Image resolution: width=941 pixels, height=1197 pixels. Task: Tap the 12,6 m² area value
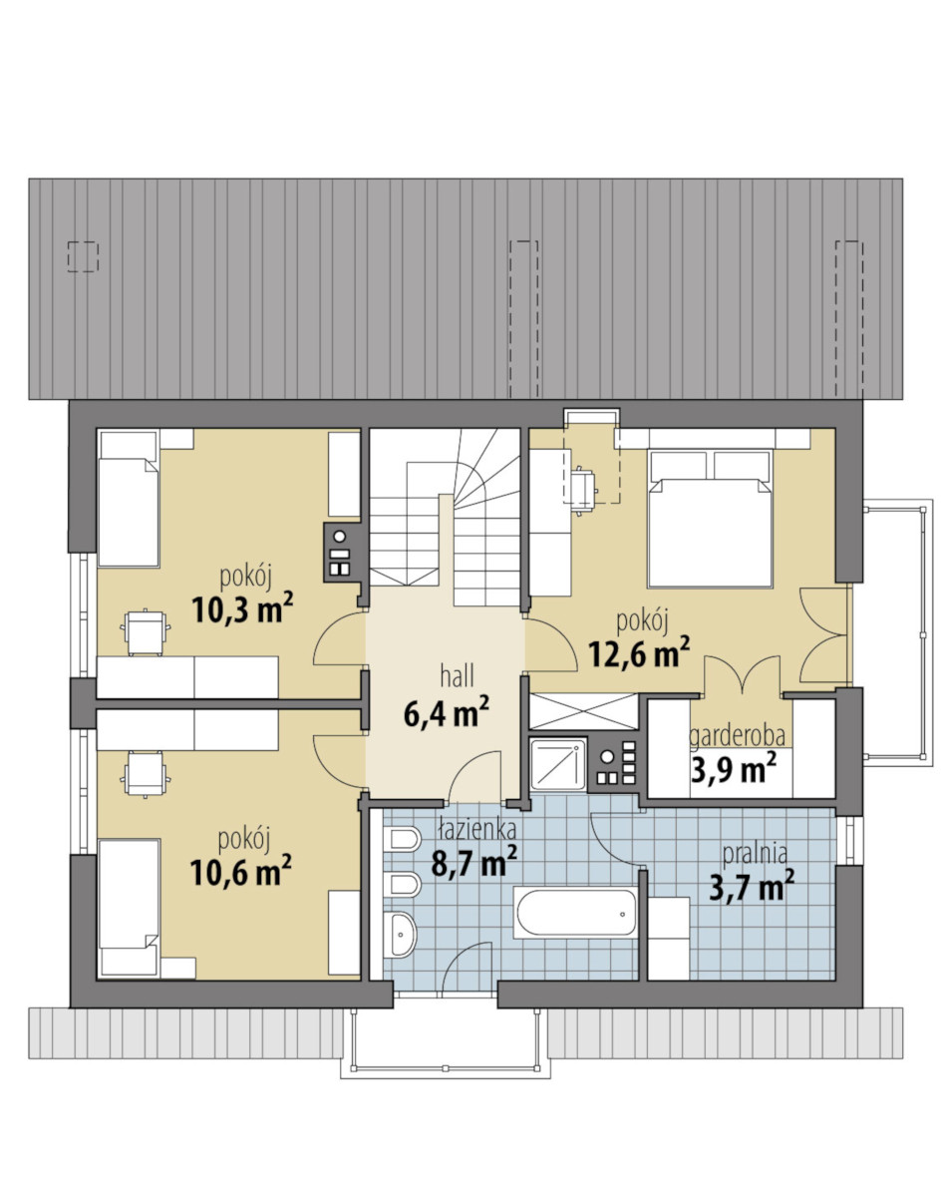[639, 653]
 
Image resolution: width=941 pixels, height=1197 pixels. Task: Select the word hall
[457, 676]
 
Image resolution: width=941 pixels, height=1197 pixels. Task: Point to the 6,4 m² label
[447, 713]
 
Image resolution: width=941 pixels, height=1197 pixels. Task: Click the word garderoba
[737, 737]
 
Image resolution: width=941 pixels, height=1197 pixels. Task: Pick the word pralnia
[755, 854]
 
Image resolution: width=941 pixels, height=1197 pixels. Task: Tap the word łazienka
[476, 829]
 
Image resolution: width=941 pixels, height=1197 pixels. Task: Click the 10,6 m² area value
[240, 872]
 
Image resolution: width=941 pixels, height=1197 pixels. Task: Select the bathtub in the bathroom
[575, 912]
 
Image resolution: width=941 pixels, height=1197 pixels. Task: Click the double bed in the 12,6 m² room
[710, 519]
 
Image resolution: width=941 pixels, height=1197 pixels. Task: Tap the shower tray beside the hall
[558, 764]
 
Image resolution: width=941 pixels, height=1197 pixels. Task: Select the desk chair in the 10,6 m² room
[146, 774]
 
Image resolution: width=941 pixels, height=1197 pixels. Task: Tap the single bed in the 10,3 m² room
[129, 499]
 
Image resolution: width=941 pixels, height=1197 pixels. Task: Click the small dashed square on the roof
[83, 257]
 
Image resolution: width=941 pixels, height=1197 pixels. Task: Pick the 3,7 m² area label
[752, 887]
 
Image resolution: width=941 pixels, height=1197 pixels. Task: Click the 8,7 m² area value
[474, 863]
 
